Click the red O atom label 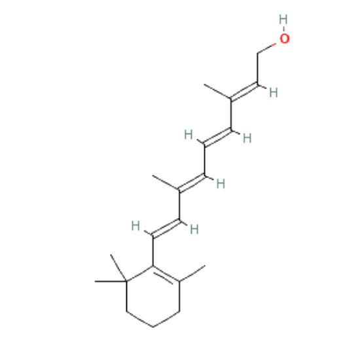[x=285, y=39]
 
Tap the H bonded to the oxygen [x=283, y=19]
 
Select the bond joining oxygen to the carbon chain [x=266, y=48]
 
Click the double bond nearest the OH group [x=244, y=92]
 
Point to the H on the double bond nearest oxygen [x=274, y=92]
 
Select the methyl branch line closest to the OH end [x=217, y=92]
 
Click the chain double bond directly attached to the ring [x=166, y=228]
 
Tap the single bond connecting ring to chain [x=153, y=251]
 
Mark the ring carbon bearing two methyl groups [x=126, y=281]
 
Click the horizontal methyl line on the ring [x=111, y=281]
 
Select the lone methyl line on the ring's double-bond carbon [x=192, y=273]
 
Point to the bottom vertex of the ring [x=153, y=327]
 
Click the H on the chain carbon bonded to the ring [x=135, y=226]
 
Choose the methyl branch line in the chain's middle [x=166, y=183]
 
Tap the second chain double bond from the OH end [x=218, y=137]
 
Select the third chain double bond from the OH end [x=192, y=183]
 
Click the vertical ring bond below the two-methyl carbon [x=126, y=296]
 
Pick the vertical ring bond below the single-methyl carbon [x=179, y=296]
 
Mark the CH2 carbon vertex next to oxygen [x=257, y=54]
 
